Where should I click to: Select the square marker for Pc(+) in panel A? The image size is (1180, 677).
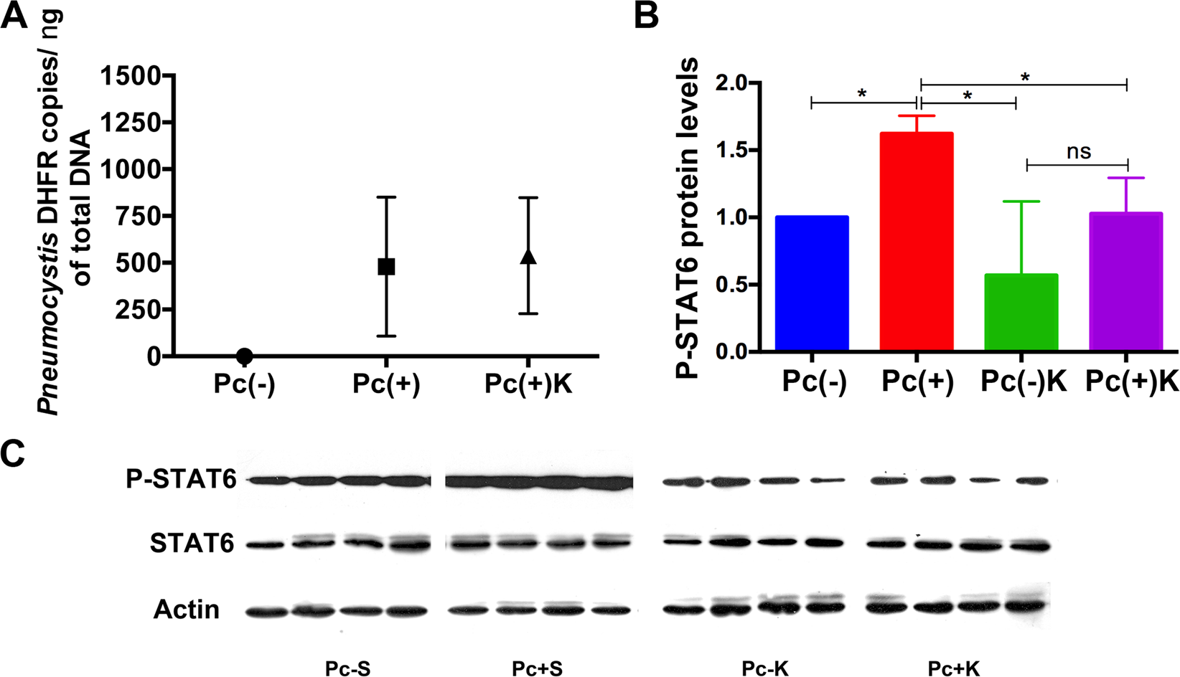point(386,267)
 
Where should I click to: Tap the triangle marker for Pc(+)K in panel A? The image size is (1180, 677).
point(528,256)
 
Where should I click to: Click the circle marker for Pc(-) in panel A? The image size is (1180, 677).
point(244,356)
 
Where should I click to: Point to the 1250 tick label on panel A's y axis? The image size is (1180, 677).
point(132,123)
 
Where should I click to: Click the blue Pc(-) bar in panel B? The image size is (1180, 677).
point(812,283)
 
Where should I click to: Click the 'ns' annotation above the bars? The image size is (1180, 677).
point(1078,152)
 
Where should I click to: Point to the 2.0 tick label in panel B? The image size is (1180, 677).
point(733,83)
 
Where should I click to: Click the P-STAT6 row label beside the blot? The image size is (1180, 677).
point(181,479)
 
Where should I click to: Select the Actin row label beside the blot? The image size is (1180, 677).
point(187,610)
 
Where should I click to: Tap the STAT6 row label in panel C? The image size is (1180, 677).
point(192,544)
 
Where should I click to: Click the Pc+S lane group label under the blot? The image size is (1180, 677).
point(537,668)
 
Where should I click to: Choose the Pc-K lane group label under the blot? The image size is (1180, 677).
point(765,668)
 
